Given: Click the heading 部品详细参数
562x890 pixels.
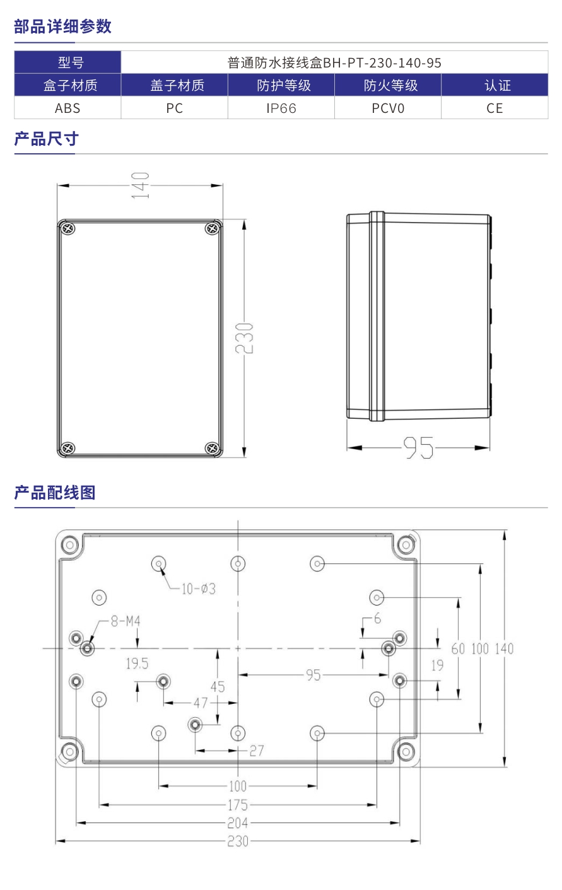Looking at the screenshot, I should pyautogui.click(x=62, y=26).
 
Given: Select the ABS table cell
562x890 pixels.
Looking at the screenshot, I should pyautogui.click(x=67, y=108).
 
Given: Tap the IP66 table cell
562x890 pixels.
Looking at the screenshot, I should pyautogui.click(x=281, y=108).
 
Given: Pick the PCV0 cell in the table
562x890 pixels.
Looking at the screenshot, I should pyautogui.click(x=387, y=108).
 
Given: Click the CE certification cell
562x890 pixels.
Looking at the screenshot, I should pyautogui.click(x=495, y=108).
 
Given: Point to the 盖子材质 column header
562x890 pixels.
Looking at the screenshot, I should pyautogui.click(x=174, y=85).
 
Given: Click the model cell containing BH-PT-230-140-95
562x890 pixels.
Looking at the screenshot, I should pyautogui.click(x=334, y=62).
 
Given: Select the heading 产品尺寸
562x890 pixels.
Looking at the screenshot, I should pyautogui.click(x=46, y=139).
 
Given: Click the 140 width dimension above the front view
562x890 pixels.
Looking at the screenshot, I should pyautogui.click(x=140, y=185).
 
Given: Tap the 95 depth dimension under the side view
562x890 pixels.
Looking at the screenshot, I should pyautogui.click(x=418, y=448).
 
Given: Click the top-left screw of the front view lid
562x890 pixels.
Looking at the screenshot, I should pyautogui.click(x=67, y=229).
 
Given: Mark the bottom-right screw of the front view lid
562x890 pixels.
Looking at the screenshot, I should pyautogui.click(x=212, y=448).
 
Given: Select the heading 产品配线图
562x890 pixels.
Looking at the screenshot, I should pyautogui.click(x=54, y=493).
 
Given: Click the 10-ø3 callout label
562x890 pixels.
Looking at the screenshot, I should pyautogui.click(x=198, y=588).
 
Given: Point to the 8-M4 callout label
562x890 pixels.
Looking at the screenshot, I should pyautogui.click(x=125, y=621).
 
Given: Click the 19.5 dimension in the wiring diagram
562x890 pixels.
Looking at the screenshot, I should pyautogui.click(x=136, y=664).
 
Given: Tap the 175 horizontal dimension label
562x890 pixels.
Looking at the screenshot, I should pyautogui.click(x=237, y=805).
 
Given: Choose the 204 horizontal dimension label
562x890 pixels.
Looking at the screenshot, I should pyautogui.click(x=237, y=823).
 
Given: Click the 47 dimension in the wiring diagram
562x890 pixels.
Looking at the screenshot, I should pyautogui.click(x=200, y=702).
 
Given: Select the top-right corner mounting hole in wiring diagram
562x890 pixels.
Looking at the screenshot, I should pyautogui.click(x=405, y=544).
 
